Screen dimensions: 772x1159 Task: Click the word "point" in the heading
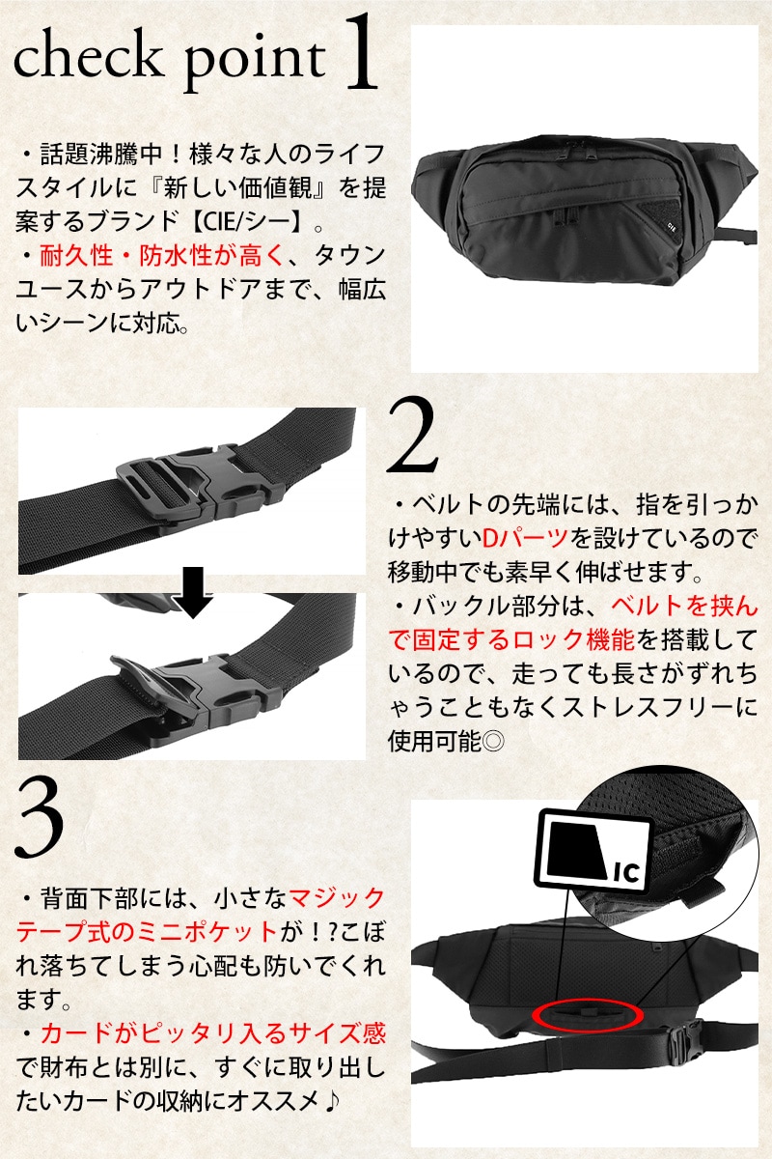[x=255, y=61]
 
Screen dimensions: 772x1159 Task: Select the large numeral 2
[x=413, y=435]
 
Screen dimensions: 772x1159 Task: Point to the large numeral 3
[x=40, y=820]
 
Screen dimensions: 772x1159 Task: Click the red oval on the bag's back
[x=588, y=1016]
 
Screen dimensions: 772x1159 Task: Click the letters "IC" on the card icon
[x=626, y=873]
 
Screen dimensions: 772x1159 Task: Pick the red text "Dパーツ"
[x=525, y=539]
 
